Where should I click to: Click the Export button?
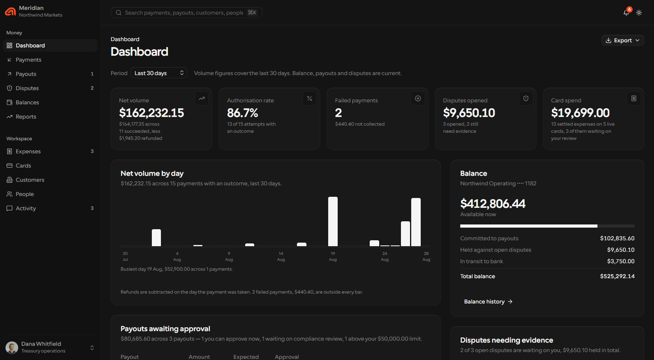coord(622,40)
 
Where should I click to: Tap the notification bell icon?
coord(626,13)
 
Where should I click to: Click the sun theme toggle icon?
coord(639,13)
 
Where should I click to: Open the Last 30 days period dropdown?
coord(159,73)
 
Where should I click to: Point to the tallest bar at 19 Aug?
coord(333,221)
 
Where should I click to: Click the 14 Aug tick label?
coord(281,256)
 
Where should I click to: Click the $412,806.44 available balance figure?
coord(493,204)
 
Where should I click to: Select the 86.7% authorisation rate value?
coord(243,113)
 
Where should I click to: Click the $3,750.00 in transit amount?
coord(621,261)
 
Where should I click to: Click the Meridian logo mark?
coord(11,11)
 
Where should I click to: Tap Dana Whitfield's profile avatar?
coord(12,347)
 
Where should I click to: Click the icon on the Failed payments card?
coord(418,99)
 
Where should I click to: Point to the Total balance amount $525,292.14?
coord(617,276)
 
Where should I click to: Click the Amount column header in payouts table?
coord(199,357)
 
